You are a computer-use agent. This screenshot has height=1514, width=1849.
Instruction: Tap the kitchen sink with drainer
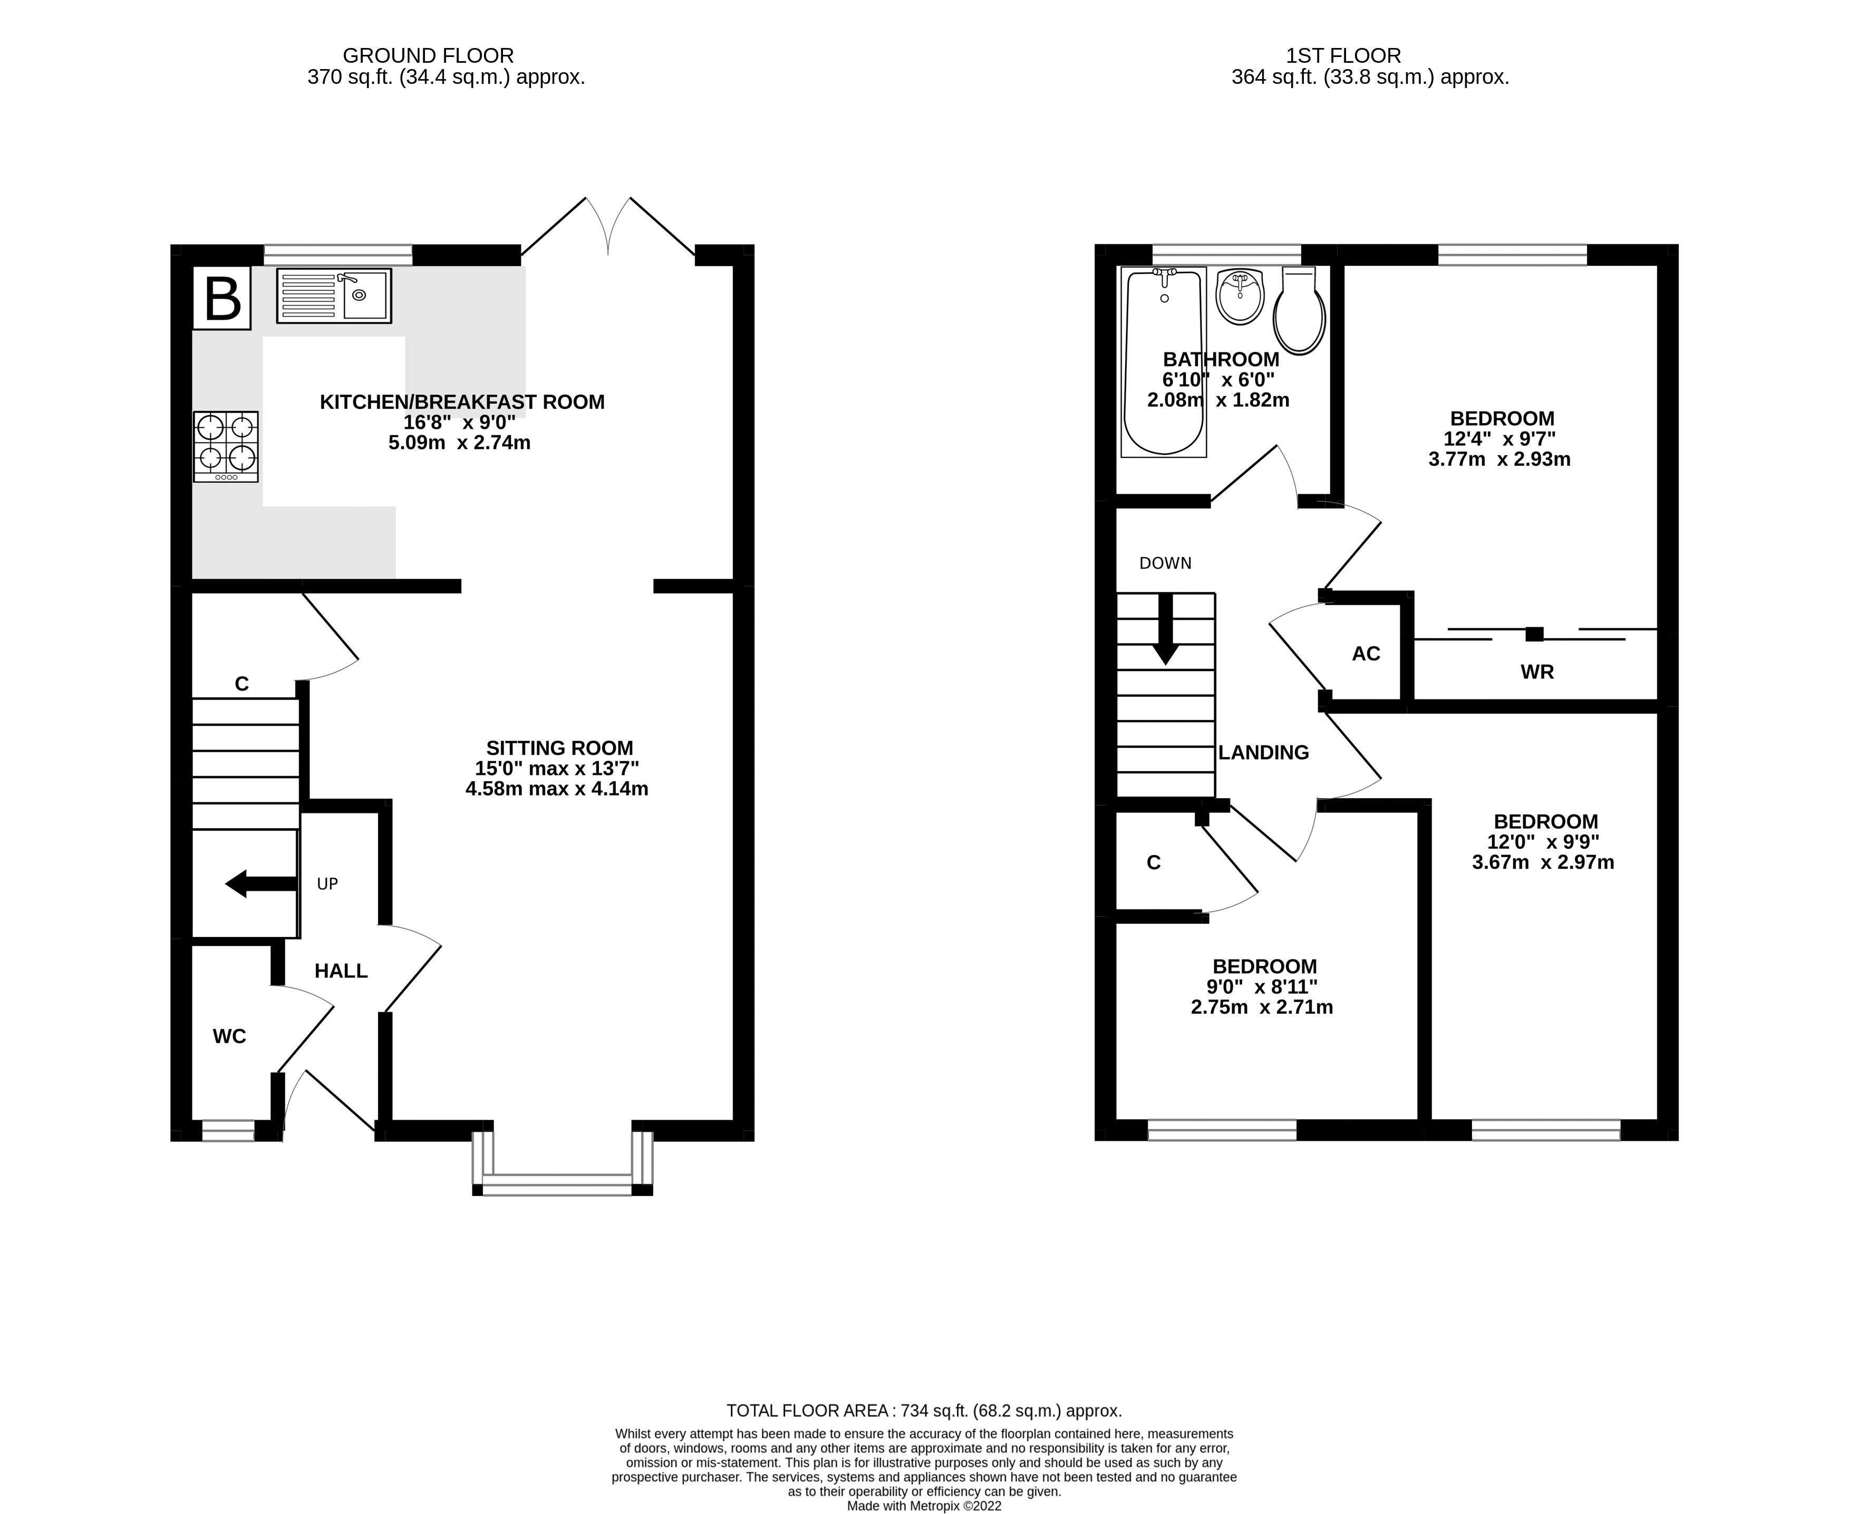click(334, 295)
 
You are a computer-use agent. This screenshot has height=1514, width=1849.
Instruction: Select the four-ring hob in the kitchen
click(226, 446)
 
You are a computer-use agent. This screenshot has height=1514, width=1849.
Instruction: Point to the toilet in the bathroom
click(1299, 311)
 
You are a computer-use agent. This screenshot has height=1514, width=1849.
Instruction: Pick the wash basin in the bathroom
click(1240, 296)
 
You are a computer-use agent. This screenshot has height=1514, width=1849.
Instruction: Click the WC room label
click(229, 1036)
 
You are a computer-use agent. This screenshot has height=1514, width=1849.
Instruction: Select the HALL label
click(341, 971)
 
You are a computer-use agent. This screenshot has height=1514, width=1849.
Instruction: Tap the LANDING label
click(1263, 752)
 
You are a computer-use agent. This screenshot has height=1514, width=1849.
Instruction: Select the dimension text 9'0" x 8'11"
click(1262, 986)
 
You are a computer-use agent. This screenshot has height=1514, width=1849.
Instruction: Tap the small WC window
click(228, 1130)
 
